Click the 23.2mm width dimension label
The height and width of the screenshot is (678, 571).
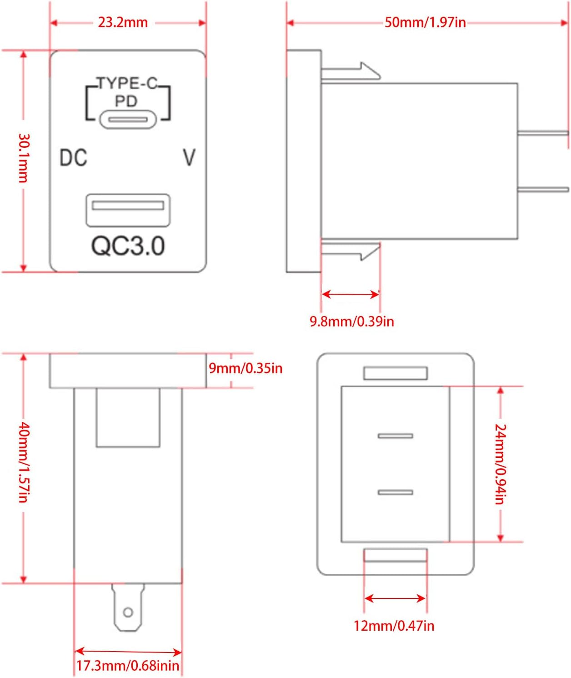coord(123,22)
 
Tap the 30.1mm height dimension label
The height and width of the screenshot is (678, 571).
coord(23,158)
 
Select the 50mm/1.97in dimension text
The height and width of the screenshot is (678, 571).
coord(425,22)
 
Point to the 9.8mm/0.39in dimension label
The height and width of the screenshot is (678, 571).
coord(351,321)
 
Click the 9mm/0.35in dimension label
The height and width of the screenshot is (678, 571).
coord(245,368)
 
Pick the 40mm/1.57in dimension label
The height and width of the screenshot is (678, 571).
coord(23,462)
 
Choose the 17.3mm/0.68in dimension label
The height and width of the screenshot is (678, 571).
coord(127,666)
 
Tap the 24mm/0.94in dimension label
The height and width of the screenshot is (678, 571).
coord(500,464)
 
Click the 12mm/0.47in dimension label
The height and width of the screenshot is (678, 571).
coord(394,626)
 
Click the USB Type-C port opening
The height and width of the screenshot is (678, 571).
coord(128,120)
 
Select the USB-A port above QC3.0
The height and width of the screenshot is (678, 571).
coord(128,210)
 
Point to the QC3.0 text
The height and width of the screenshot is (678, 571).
coord(128,246)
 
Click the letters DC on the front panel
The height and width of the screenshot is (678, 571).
coord(73,158)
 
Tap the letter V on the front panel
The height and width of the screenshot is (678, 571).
coord(189,158)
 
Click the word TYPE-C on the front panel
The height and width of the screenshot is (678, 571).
coord(127,83)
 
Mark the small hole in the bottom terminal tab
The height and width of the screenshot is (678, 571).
coord(128,612)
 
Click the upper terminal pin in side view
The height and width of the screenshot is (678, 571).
coord(543,133)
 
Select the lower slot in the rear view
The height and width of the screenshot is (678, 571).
coord(396,492)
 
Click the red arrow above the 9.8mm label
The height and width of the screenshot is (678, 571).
coord(350,294)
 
